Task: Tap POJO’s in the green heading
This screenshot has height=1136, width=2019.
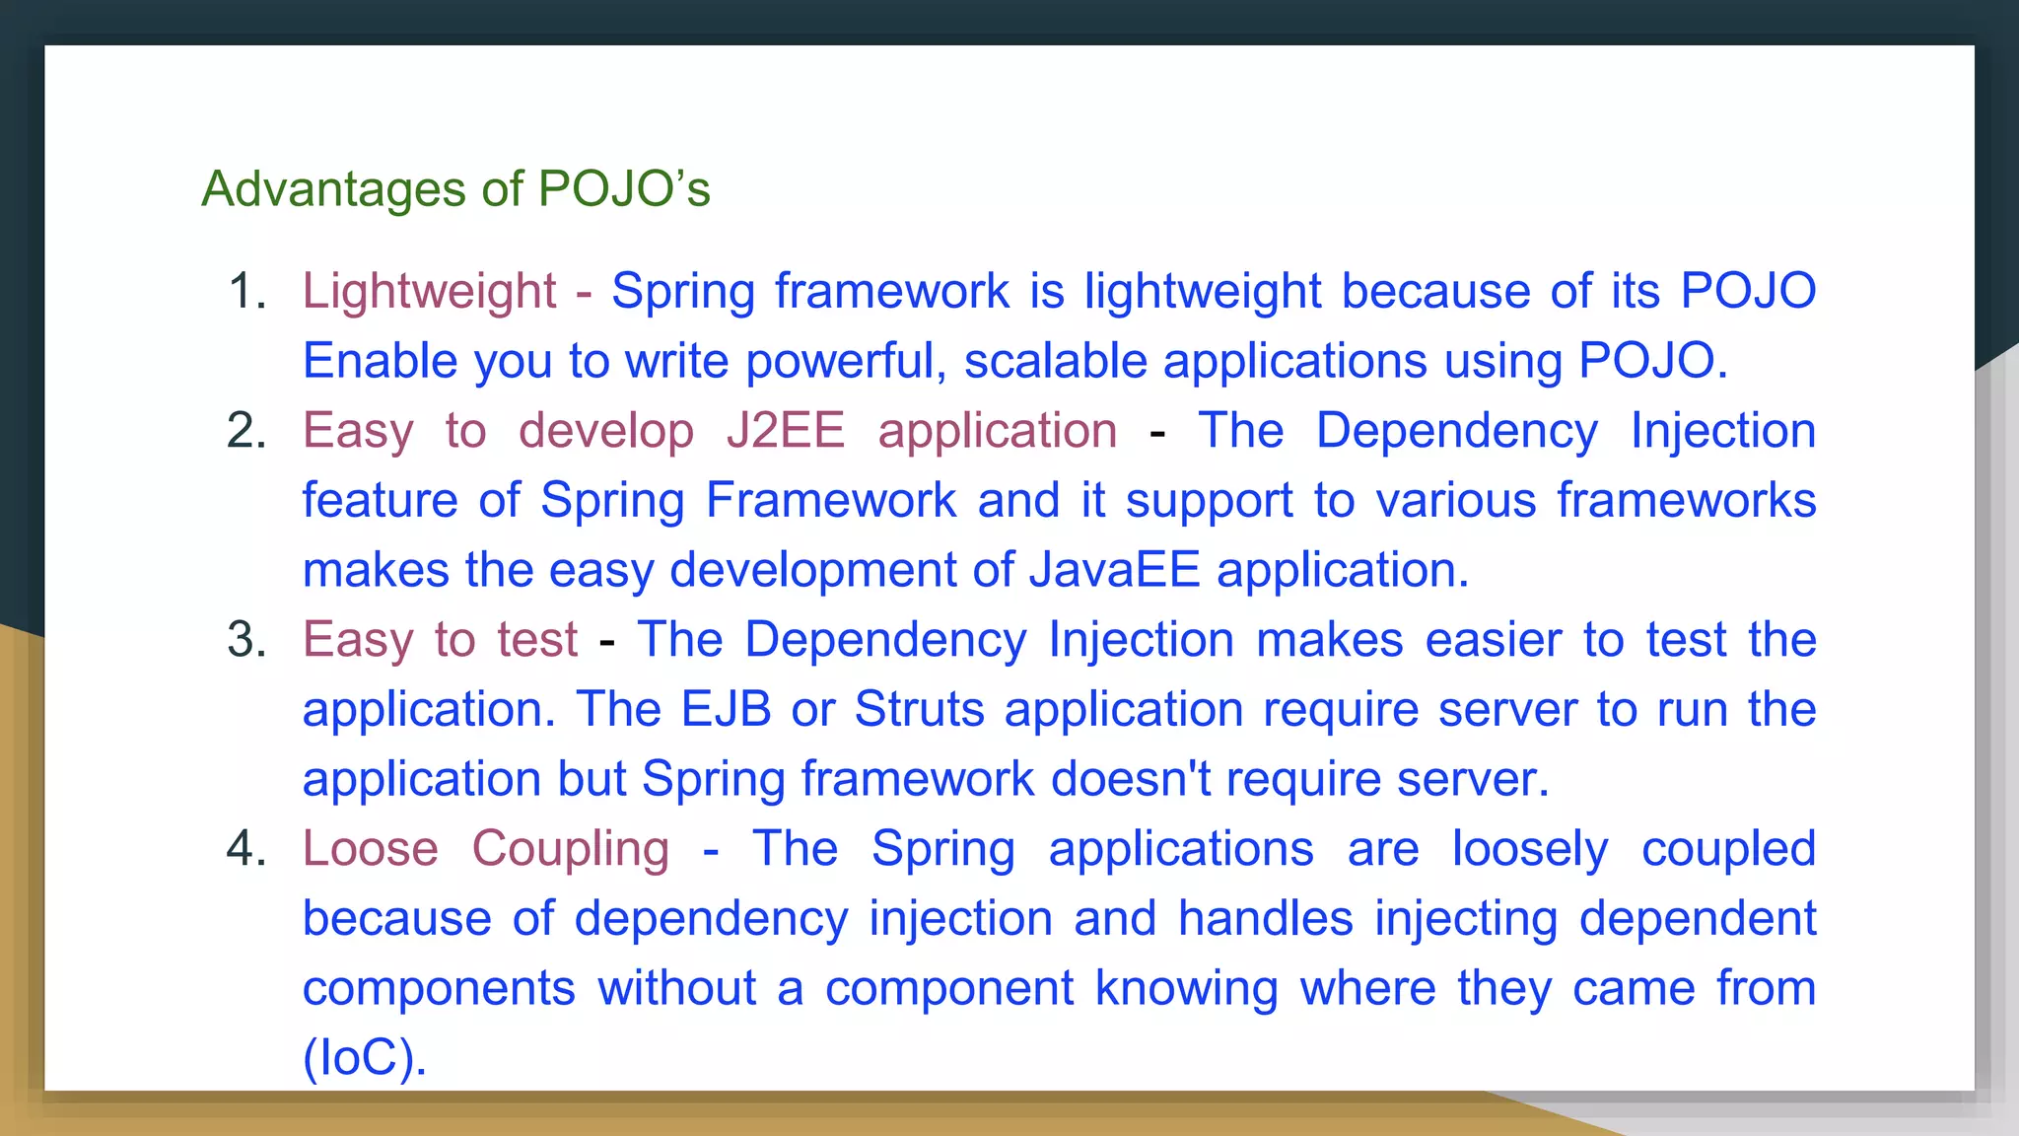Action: click(x=623, y=188)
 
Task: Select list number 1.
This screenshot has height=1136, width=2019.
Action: click(x=247, y=292)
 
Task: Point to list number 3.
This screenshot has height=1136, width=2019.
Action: click(x=247, y=640)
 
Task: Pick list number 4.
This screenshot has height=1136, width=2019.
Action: click(x=247, y=849)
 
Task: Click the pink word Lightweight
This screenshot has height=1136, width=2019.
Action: click(x=429, y=292)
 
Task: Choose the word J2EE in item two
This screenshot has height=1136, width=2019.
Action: click(x=786, y=431)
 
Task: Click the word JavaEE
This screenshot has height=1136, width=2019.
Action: click(x=1114, y=570)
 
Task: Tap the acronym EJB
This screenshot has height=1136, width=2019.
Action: click(x=726, y=709)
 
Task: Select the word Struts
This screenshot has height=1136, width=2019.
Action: click(x=919, y=709)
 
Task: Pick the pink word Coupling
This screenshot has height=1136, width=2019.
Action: click(x=570, y=849)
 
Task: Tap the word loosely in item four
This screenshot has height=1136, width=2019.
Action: click(x=1530, y=849)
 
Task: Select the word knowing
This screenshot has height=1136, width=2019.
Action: click(x=1186, y=988)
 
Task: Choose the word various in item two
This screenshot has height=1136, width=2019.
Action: click(x=1456, y=500)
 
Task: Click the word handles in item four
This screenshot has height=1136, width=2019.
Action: click(x=1266, y=918)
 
